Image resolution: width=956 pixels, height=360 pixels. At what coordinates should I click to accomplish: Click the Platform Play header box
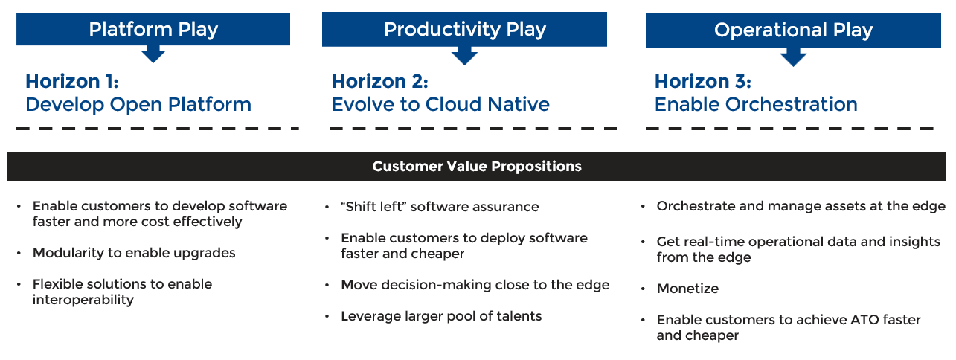click(153, 29)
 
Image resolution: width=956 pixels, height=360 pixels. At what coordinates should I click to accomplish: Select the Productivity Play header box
click(464, 29)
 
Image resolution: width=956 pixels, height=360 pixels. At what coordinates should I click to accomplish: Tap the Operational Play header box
click(793, 30)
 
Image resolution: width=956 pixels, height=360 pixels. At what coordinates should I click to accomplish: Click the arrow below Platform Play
click(153, 54)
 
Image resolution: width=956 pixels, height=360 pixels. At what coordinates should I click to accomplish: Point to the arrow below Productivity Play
click(464, 56)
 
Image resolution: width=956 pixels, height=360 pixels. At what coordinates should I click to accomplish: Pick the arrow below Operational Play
click(793, 57)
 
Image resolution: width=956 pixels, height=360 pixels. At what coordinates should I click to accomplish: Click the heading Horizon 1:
click(71, 81)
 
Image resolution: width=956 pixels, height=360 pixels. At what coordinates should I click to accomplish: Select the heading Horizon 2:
click(379, 81)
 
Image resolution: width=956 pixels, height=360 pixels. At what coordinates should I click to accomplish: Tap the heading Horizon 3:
click(702, 81)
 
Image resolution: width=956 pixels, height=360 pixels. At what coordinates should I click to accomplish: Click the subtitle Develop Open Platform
click(138, 105)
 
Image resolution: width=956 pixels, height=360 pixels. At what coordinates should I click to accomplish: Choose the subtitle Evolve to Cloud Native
click(440, 104)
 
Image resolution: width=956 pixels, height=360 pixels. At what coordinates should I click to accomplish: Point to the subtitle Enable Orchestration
click(756, 104)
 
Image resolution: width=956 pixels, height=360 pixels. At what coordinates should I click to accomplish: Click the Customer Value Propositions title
click(477, 166)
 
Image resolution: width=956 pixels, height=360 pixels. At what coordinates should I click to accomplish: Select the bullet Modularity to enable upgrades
click(134, 253)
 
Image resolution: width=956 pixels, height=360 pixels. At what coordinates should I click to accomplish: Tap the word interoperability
click(83, 300)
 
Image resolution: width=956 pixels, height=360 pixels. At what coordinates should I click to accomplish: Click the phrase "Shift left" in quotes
click(372, 207)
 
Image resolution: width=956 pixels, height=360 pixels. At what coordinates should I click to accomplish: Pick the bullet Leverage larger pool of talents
click(441, 316)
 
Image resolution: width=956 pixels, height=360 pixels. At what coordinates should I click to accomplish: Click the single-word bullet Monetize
click(687, 289)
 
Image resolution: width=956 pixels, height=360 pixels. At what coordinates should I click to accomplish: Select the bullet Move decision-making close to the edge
click(475, 285)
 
